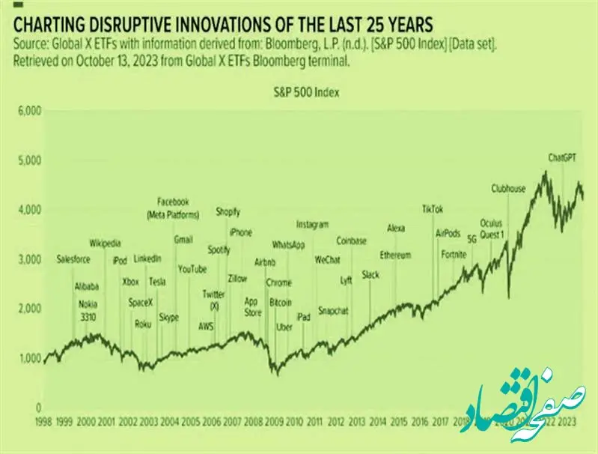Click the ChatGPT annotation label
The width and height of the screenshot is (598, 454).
pyautogui.click(x=564, y=158)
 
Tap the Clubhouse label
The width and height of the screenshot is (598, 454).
pyautogui.click(x=509, y=189)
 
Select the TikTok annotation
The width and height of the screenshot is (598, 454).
pyautogui.click(x=433, y=209)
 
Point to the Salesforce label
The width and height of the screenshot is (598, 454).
pyautogui.click(x=73, y=259)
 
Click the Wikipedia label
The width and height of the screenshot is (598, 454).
pyautogui.click(x=105, y=243)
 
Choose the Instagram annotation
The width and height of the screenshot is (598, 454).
pyautogui.click(x=312, y=224)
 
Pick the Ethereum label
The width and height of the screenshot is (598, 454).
pyautogui.click(x=395, y=255)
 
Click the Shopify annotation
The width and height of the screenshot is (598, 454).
pyautogui.click(x=228, y=212)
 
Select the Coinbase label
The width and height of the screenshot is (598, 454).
pyautogui.click(x=352, y=241)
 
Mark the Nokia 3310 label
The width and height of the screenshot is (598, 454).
pyautogui.click(x=88, y=311)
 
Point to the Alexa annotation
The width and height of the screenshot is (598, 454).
pyautogui.click(x=396, y=228)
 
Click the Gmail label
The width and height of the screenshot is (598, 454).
pyautogui.click(x=183, y=240)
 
